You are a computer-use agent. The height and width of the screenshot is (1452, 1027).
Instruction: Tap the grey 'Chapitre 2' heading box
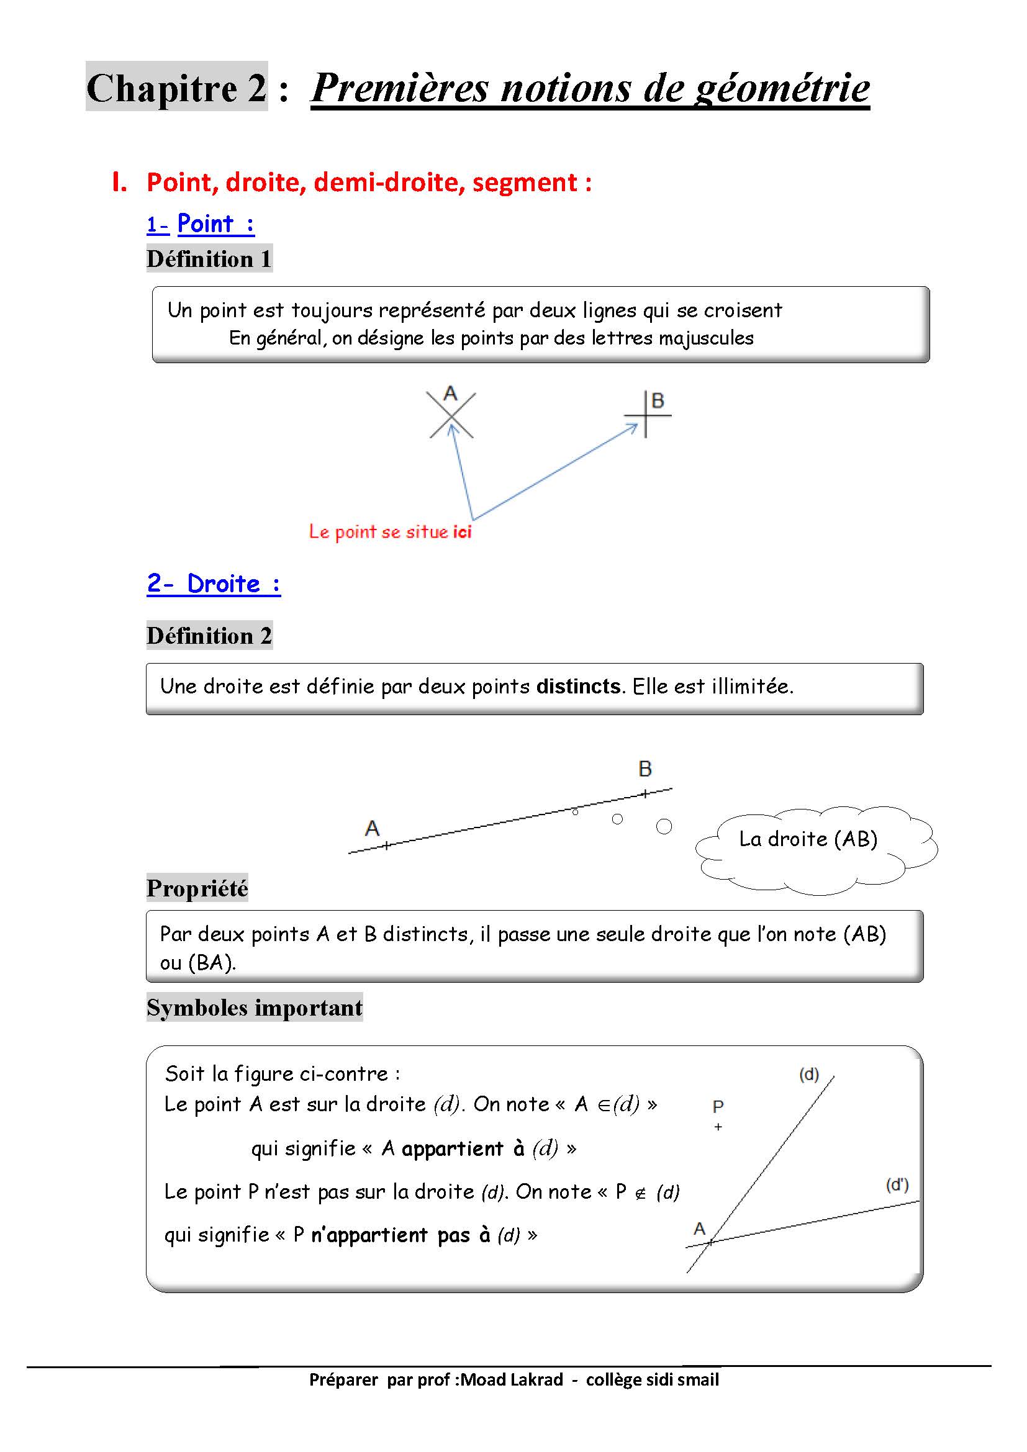tap(176, 87)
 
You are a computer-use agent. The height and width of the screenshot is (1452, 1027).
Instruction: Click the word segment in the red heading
tap(524, 183)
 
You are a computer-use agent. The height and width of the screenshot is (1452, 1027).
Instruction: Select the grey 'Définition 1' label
tap(209, 259)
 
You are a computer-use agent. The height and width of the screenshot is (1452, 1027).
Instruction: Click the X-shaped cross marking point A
tap(451, 415)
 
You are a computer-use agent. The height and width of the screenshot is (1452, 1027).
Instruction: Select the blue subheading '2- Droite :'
tap(213, 583)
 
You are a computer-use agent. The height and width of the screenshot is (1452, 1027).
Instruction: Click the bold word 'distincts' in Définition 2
tap(578, 686)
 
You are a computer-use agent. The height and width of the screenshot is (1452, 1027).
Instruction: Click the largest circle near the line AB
tap(663, 826)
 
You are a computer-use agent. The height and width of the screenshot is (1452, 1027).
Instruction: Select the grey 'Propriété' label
tap(197, 888)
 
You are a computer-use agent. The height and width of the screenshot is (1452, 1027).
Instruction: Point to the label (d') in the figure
tap(897, 1184)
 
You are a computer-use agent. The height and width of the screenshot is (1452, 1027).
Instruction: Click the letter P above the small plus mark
tap(718, 1106)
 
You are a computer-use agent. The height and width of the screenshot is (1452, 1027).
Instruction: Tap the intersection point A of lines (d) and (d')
tap(710, 1242)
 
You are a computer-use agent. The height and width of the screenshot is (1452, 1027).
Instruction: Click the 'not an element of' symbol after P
tap(640, 1193)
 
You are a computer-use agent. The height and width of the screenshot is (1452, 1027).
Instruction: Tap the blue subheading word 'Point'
tap(206, 224)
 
